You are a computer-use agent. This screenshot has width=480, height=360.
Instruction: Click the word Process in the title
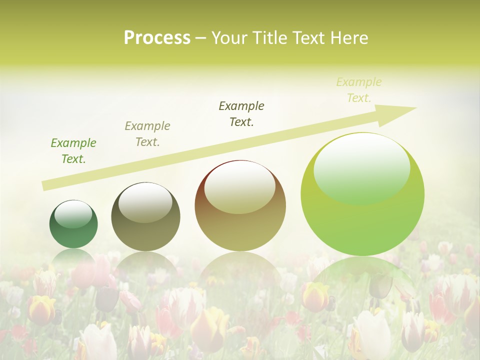(157, 38)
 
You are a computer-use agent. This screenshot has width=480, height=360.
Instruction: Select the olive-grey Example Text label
(147, 134)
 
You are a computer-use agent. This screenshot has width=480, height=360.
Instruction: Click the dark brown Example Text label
(241, 114)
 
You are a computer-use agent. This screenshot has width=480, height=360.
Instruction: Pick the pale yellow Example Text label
(359, 90)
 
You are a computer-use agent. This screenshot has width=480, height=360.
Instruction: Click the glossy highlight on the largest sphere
(362, 167)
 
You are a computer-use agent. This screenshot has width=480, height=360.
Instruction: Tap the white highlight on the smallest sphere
(73, 214)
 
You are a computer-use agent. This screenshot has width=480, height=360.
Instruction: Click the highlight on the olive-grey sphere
(145, 201)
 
